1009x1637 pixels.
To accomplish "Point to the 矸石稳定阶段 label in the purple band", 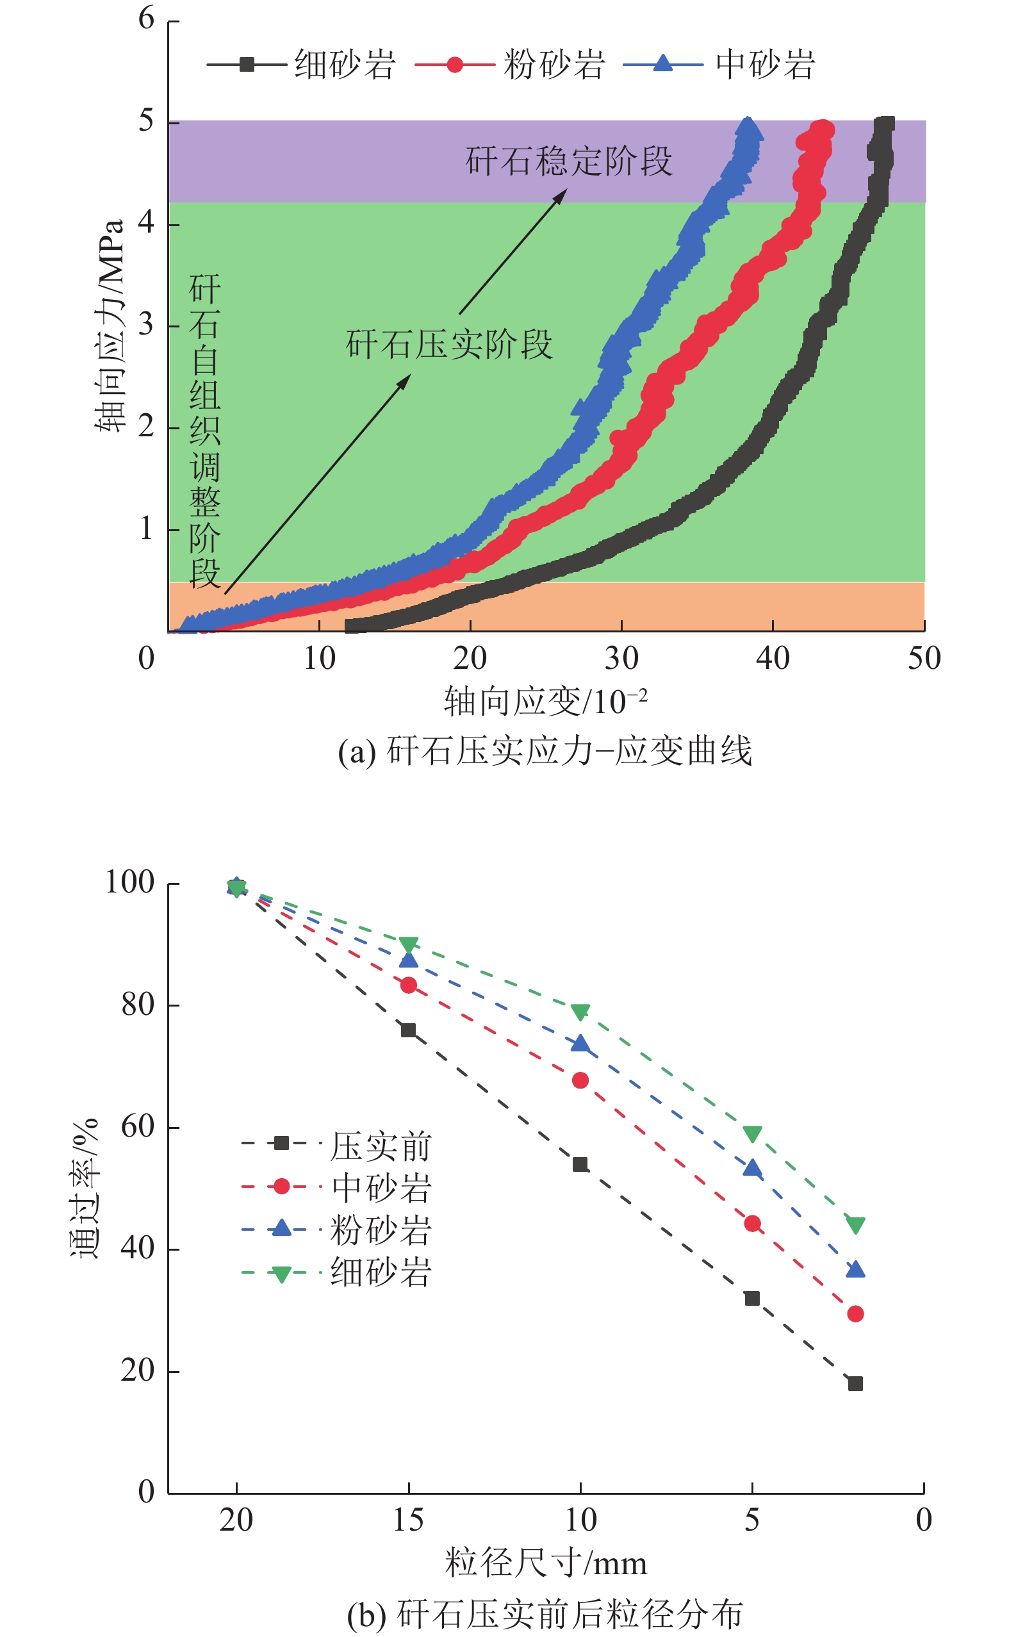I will pyautogui.click(x=569, y=161).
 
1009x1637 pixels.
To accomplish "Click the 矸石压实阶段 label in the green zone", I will pyautogui.click(x=449, y=344).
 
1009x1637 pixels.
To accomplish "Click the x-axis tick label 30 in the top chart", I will pyautogui.click(x=621, y=659).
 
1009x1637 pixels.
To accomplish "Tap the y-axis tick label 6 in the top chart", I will pyautogui.click(x=146, y=19).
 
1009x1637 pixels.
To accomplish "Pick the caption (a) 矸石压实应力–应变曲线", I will pyautogui.click(x=545, y=751).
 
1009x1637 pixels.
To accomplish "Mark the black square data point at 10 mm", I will pyautogui.click(x=580, y=1165).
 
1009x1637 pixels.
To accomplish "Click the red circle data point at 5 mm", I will pyautogui.click(x=752, y=1223).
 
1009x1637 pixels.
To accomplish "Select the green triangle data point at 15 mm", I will pyautogui.click(x=409, y=944).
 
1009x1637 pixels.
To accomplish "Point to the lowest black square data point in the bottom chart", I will pyautogui.click(x=855, y=1383).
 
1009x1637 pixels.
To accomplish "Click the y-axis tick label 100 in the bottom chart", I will pyautogui.click(x=130, y=882).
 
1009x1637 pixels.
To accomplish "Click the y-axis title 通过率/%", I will pyautogui.click(x=85, y=1188).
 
